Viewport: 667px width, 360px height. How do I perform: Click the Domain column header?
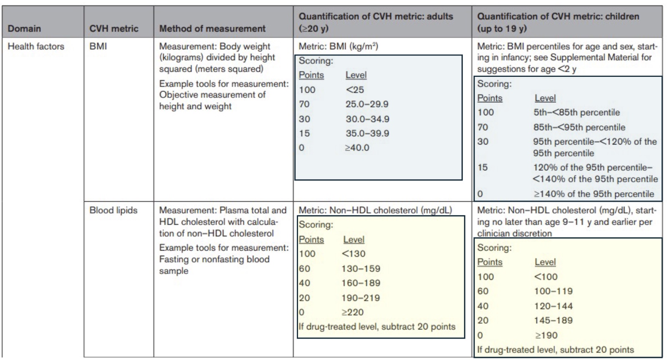point(24,28)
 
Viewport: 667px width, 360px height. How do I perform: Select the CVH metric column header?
point(114,28)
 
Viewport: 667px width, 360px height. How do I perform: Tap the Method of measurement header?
point(212,28)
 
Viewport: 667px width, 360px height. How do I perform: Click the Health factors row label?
point(36,46)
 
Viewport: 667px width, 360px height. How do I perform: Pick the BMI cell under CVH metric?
point(98,46)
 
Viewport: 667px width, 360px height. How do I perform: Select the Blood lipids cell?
point(113,210)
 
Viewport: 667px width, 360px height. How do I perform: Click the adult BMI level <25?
point(355,90)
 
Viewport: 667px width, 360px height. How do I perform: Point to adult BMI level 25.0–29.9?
point(367,104)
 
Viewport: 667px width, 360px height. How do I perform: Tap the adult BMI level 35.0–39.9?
point(367,133)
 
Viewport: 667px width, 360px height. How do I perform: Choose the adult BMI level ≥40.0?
point(357,148)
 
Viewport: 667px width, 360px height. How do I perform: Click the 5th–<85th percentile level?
point(576,112)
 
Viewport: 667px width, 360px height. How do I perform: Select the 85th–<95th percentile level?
point(579,127)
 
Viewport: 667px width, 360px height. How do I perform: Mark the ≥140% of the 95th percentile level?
point(594,194)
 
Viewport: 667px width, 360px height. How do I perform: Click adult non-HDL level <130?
point(353,254)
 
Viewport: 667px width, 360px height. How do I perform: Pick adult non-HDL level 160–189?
point(361,283)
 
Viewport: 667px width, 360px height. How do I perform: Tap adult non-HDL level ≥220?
point(353,312)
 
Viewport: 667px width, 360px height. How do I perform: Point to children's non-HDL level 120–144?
point(553,306)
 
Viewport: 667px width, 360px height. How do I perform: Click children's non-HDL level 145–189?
point(553,320)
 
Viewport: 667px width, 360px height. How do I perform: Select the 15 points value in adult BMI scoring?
point(304,133)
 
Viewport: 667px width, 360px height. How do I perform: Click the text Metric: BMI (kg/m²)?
point(338,46)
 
